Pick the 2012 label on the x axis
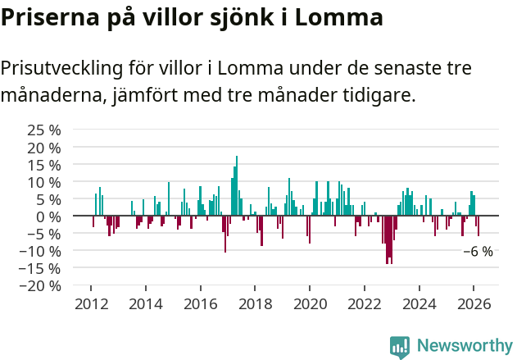[91, 304]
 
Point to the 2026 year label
[474, 304]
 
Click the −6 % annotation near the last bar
[478, 252]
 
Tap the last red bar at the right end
[478, 226]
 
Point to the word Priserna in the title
[48, 17]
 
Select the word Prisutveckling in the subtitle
[69, 68]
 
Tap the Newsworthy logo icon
[400, 346]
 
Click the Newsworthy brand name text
[464, 346]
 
